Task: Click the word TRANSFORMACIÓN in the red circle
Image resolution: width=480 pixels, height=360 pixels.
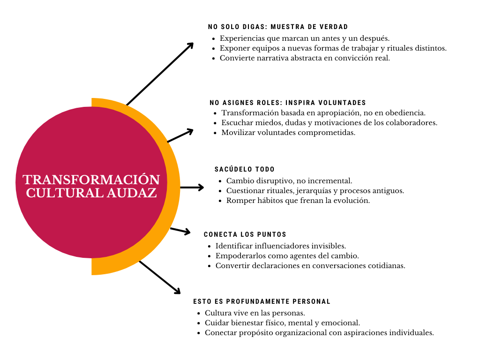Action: coord(91,180)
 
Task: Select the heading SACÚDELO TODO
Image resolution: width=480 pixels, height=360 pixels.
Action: coord(245,169)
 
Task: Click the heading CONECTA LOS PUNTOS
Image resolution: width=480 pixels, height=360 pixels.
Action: coord(245,234)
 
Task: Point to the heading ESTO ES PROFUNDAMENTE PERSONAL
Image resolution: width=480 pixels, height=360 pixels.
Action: coord(262,301)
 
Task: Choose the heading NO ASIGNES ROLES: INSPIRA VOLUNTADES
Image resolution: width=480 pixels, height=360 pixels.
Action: coord(288,103)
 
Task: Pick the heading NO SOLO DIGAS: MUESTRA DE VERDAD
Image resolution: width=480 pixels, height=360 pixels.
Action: coord(278,27)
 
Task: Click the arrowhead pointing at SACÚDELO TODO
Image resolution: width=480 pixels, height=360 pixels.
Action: coord(201,187)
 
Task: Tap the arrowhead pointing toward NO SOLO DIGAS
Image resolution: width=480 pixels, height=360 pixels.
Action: coord(190,46)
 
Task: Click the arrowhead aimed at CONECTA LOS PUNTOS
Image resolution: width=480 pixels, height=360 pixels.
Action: coord(187,232)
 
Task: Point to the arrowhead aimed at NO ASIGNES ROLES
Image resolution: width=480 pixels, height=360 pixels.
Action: coord(189,132)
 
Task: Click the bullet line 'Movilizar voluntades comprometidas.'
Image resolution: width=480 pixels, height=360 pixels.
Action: coord(288,133)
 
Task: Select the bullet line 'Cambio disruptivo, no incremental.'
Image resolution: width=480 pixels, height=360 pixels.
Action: coord(289,181)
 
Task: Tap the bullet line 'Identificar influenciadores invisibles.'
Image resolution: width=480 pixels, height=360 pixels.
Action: coord(281,246)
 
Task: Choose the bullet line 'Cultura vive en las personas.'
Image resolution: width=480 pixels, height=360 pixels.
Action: coord(255,313)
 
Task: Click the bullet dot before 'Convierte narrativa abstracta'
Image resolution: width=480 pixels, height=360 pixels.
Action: coord(214,58)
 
